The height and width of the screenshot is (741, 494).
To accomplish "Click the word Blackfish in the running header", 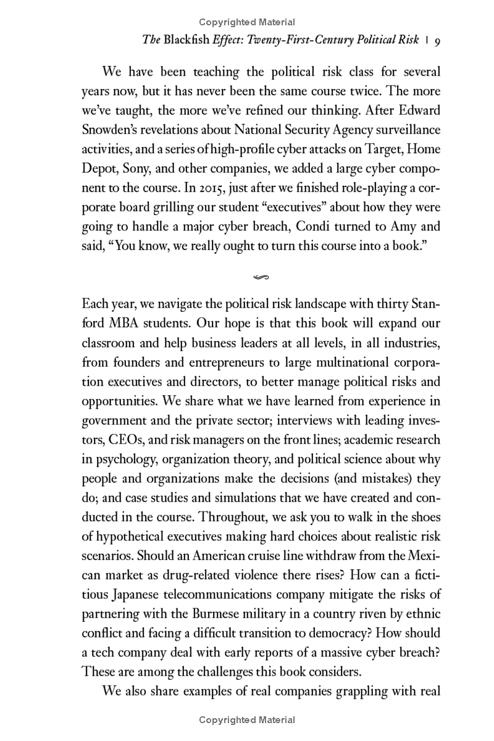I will (x=187, y=40).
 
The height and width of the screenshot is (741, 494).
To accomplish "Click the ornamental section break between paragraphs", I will (x=261, y=277).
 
